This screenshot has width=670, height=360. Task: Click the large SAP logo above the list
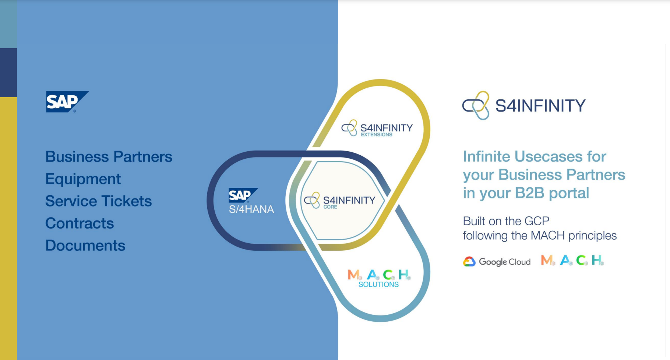point(66,102)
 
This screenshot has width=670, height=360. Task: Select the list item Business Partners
point(109,157)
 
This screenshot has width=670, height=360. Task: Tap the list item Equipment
point(83,179)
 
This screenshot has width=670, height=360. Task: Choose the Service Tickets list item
point(98,201)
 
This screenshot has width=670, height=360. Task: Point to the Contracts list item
point(80,223)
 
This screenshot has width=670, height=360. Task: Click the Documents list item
point(85,246)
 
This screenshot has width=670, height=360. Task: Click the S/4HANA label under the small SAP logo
point(251,209)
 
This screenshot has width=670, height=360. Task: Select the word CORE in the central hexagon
point(330,207)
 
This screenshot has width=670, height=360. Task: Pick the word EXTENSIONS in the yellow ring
point(376,135)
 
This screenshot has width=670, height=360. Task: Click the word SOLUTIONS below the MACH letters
point(378,285)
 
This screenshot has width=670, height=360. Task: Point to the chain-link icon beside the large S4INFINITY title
point(476,105)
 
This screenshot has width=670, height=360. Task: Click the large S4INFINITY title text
point(540,106)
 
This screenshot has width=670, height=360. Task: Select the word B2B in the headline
point(529,193)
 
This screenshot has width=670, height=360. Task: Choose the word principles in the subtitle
point(592,236)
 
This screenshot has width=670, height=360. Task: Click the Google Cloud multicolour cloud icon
point(469,262)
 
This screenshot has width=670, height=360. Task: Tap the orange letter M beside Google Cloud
point(547,260)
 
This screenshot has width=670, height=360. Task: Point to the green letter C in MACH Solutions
point(388,275)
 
